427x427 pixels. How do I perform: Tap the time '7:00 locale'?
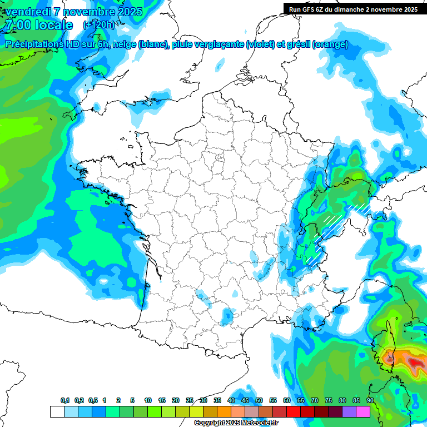click(x=38, y=26)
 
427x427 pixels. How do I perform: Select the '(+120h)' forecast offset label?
click(x=98, y=25)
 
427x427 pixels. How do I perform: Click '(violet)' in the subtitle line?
click(x=260, y=44)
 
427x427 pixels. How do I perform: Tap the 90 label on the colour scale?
click(x=370, y=400)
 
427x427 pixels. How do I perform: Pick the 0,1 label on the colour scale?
click(x=65, y=400)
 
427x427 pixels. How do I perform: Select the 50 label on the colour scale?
click(x=259, y=400)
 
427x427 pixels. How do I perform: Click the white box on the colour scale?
click(x=57, y=411)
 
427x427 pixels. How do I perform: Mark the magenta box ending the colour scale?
click(x=363, y=411)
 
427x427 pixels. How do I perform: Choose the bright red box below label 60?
click(x=294, y=411)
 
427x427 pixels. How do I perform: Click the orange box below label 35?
click(x=224, y=411)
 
